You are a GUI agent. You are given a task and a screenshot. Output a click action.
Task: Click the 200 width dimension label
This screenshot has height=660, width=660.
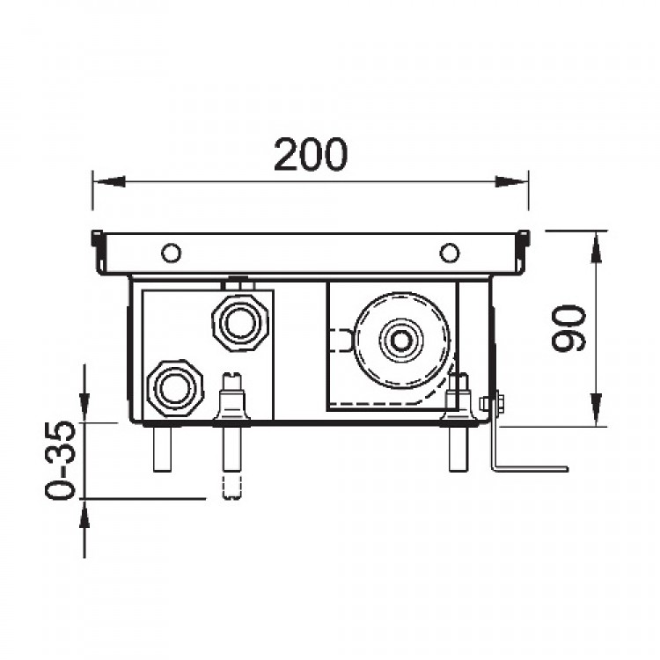coord(311,154)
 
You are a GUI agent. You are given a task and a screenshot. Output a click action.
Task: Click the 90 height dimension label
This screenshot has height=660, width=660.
coord(568,328)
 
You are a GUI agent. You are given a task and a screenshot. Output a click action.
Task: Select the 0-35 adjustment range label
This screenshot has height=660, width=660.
coord(61,459)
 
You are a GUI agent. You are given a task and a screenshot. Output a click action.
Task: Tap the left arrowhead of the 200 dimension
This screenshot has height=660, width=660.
coord(108,182)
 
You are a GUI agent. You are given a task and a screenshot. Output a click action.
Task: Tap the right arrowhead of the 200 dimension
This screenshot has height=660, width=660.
coord(512,182)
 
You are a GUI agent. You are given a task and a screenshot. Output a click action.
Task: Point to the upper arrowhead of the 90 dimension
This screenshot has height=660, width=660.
coord(596,248)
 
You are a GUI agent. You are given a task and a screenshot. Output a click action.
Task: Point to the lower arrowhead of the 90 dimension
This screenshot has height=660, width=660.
coord(596,409)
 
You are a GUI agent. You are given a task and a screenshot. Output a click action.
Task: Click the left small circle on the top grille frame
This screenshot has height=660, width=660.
coord(172,253)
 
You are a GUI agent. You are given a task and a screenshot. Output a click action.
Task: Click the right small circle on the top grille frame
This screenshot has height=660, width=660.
coord(450,253)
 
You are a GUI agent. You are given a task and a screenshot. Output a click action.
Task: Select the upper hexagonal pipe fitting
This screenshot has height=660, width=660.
coord(240,323)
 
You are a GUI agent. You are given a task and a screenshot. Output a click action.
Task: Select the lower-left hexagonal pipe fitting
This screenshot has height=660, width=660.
coord(175,388)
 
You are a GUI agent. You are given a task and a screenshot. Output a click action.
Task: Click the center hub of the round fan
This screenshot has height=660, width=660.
coord(402,341)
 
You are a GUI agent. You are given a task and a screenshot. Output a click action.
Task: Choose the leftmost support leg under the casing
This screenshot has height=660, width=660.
coord(163,448)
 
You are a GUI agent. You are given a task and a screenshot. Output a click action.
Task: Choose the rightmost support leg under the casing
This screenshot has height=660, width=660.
coord(458,448)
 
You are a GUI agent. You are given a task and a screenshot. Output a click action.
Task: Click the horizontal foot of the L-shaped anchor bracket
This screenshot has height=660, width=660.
coord(532,468)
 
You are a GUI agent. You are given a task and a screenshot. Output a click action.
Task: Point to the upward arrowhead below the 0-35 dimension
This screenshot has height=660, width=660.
coord(84,516)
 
